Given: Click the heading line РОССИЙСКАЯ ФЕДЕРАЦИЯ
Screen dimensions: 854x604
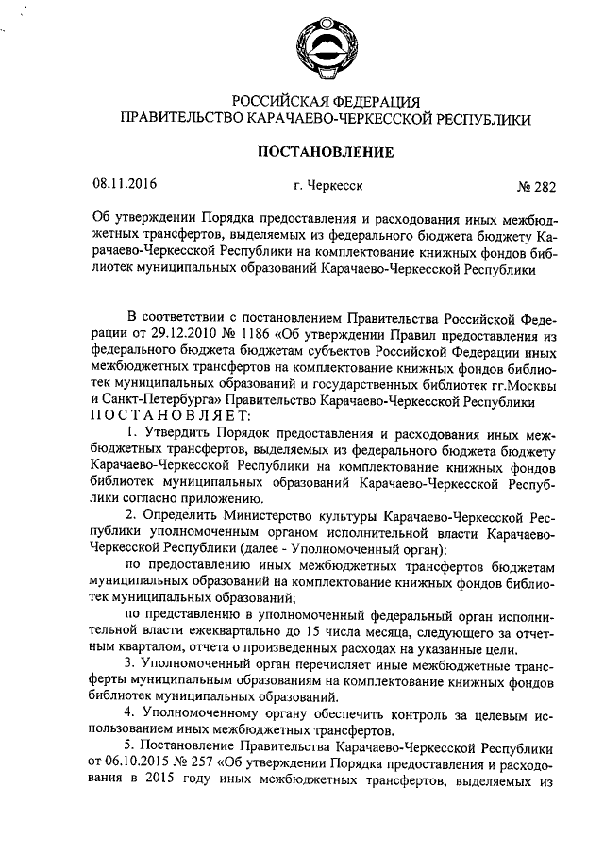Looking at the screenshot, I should [x=326, y=101].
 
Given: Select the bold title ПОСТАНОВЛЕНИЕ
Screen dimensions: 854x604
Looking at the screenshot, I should [x=326, y=151].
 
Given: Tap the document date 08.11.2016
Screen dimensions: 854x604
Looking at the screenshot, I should [x=124, y=185].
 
